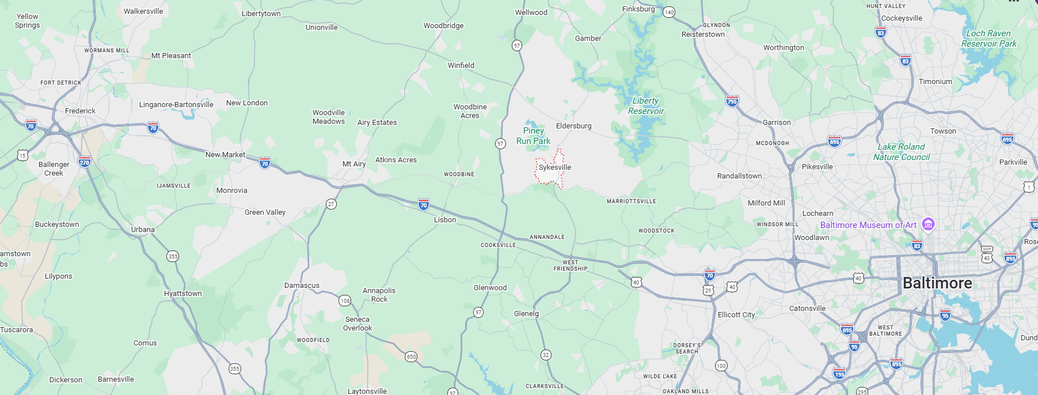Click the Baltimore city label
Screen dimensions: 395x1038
pos(937,283)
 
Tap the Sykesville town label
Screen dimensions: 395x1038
pos(555,168)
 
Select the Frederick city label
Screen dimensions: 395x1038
pos(80,111)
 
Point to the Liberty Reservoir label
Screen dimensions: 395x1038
pos(645,106)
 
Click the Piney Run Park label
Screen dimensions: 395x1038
pos(533,136)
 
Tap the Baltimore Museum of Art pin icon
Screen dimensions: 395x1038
pos(927,224)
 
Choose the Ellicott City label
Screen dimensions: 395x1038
pos(736,315)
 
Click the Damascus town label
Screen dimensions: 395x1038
pos(302,286)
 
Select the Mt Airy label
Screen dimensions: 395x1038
pos(354,164)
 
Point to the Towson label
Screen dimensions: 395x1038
pos(943,131)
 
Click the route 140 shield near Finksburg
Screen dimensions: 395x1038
pos(668,12)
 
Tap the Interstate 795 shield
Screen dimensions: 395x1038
pos(732,101)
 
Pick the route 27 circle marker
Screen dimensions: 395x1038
pos(331,204)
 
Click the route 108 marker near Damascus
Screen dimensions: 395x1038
pos(345,301)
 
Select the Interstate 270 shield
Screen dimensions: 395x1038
pos(85,162)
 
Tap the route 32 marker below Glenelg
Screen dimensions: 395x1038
pos(546,355)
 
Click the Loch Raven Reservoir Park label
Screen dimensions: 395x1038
pos(988,39)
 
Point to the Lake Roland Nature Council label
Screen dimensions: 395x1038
pos(901,152)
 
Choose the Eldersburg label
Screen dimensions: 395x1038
pos(573,126)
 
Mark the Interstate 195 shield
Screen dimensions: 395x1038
pos(839,374)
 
